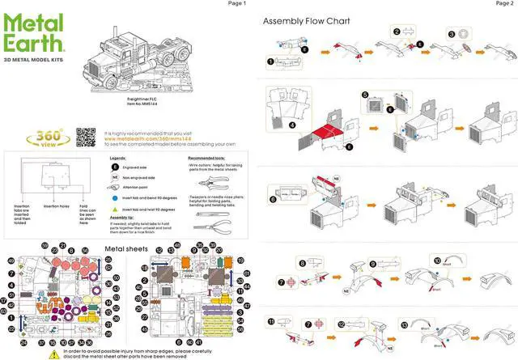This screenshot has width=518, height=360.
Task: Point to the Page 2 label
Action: tap(503, 4)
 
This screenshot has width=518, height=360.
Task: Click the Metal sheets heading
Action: tap(126, 248)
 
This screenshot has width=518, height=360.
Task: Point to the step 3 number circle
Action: tap(451, 34)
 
